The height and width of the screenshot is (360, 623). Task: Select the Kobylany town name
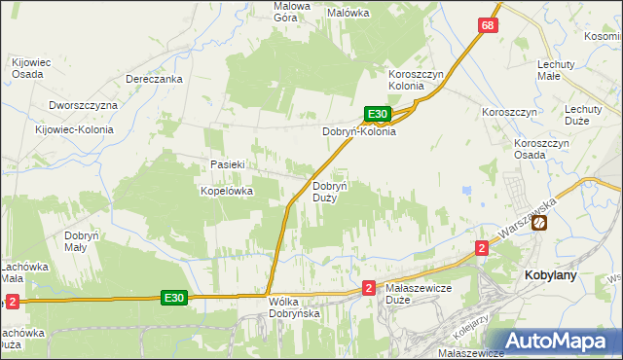[551, 275]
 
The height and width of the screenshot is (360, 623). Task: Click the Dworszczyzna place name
[83, 105]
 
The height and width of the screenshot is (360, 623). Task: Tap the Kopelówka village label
[227, 192]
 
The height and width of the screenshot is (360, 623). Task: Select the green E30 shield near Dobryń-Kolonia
[379, 114]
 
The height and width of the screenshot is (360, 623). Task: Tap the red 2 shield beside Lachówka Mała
[12, 302]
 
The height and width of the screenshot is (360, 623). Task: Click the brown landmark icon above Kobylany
[539, 223]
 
